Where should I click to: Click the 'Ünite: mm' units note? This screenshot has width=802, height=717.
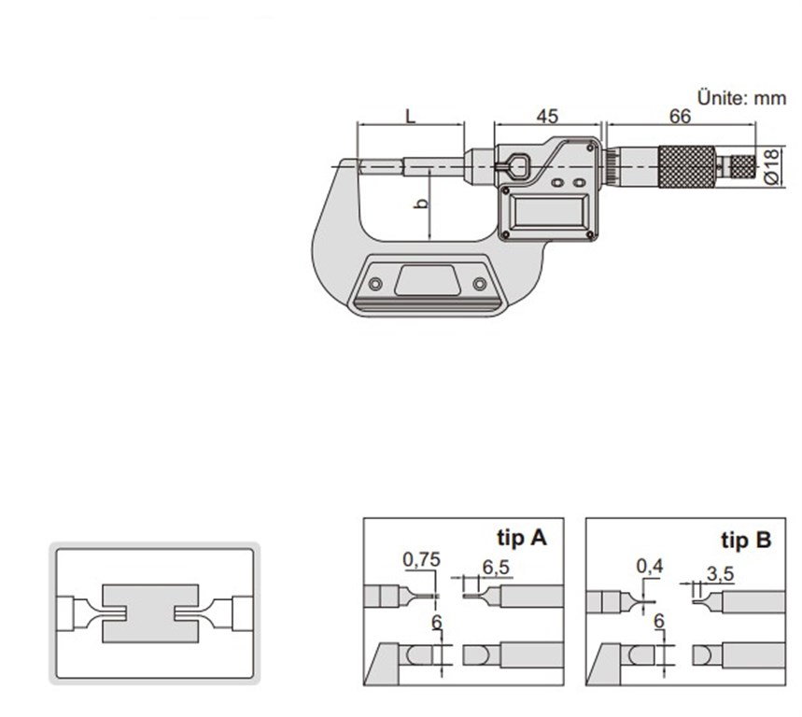742,96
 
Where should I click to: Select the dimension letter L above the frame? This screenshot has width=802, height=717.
410,116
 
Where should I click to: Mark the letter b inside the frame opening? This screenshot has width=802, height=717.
421,203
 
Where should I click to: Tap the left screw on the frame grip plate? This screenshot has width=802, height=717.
376,284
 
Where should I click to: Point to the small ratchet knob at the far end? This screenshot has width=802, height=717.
741,165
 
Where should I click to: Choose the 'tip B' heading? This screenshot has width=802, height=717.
746,539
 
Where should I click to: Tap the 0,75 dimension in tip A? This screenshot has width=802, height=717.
421,561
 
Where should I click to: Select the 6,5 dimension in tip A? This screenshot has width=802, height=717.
495,567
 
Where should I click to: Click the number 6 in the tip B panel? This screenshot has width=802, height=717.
659,621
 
